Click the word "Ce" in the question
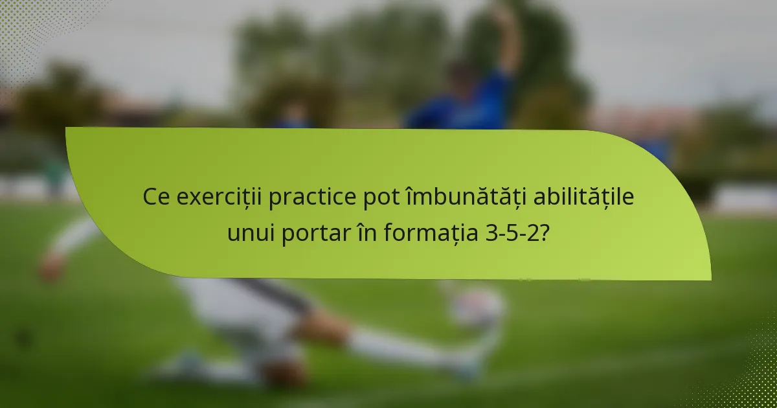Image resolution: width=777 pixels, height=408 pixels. [156, 197]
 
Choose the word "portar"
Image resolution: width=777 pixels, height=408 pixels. [315, 233]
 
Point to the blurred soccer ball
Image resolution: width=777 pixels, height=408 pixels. [477, 307]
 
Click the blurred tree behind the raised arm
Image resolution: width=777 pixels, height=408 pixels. [550, 58]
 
